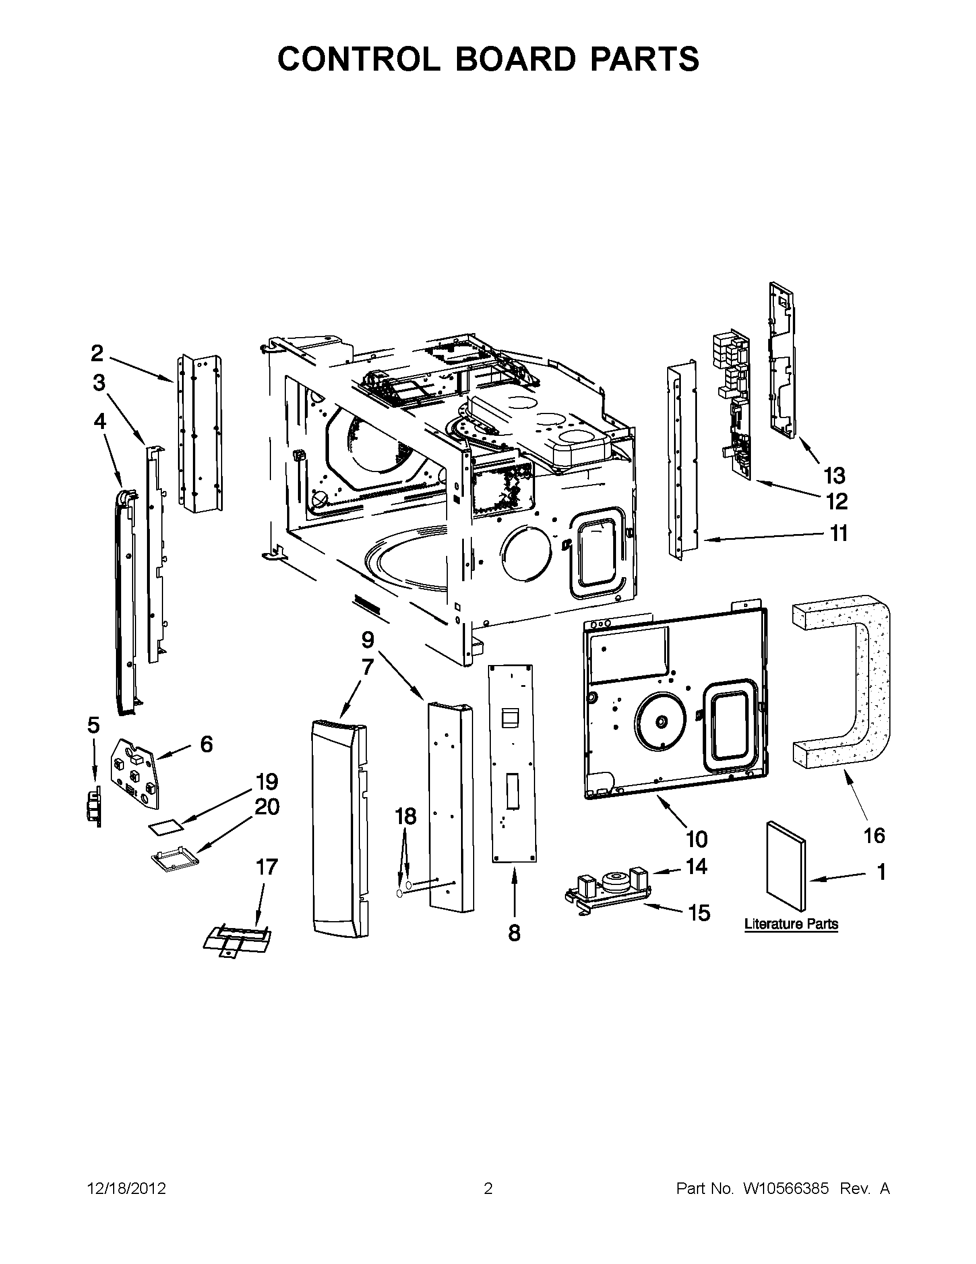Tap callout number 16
pyautogui.click(x=874, y=835)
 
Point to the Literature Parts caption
pyautogui.click(x=791, y=923)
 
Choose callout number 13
pyautogui.click(x=834, y=476)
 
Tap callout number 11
pyautogui.click(x=839, y=533)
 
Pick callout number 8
pyautogui.click(x=514, y=933)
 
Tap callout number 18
pyautogui.click(x=405, y=817)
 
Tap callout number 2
pyautogui.click(x=97, y=353)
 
